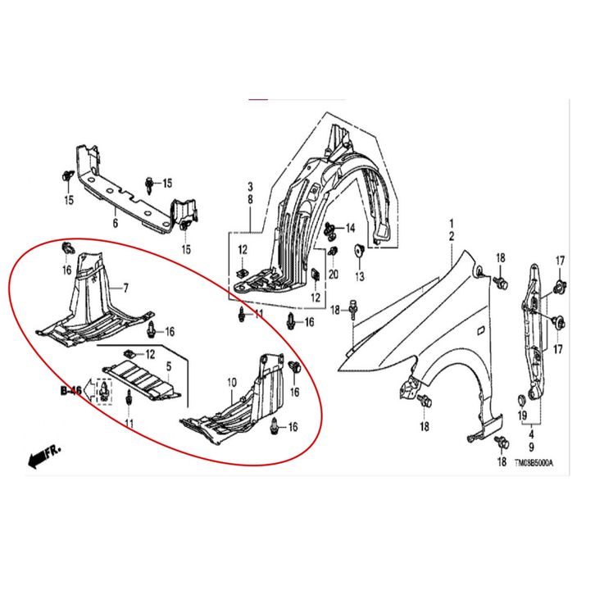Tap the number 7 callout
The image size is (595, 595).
pyautogui.click(x=127, y=287)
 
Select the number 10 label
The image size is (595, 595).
pyautogui.click(x=231, y=382)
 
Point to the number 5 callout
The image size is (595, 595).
pyautogui.click(x=169, y=365)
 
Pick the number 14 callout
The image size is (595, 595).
pyautogui.click(x=350, y=228)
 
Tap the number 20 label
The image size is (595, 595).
pyautogui.click(x=333, y=274)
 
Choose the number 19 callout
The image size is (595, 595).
pyautogui.click(x=522, y=417)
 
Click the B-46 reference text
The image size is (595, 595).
pyautogui.click(x=70, y=393)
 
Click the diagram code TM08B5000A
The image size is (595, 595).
pyautogui.click(x=534, y=464)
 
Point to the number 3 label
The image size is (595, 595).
pyautogui.click(x=250, y=188)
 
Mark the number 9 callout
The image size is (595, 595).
pyautogui.click(x=531, y=447)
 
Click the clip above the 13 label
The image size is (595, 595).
pyautogui.click(x=358, y=251)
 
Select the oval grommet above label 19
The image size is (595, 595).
pyautogui.click(x=521, y=399)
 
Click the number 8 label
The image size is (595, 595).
pyautogui.click(x=250, y=199)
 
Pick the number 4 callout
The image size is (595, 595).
pyautogui.click(x=531, y=435)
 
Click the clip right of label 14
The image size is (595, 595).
pyautogui.click(x=330, y=229)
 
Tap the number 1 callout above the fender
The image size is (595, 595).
pyautogui.click(x=450, y=224)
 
